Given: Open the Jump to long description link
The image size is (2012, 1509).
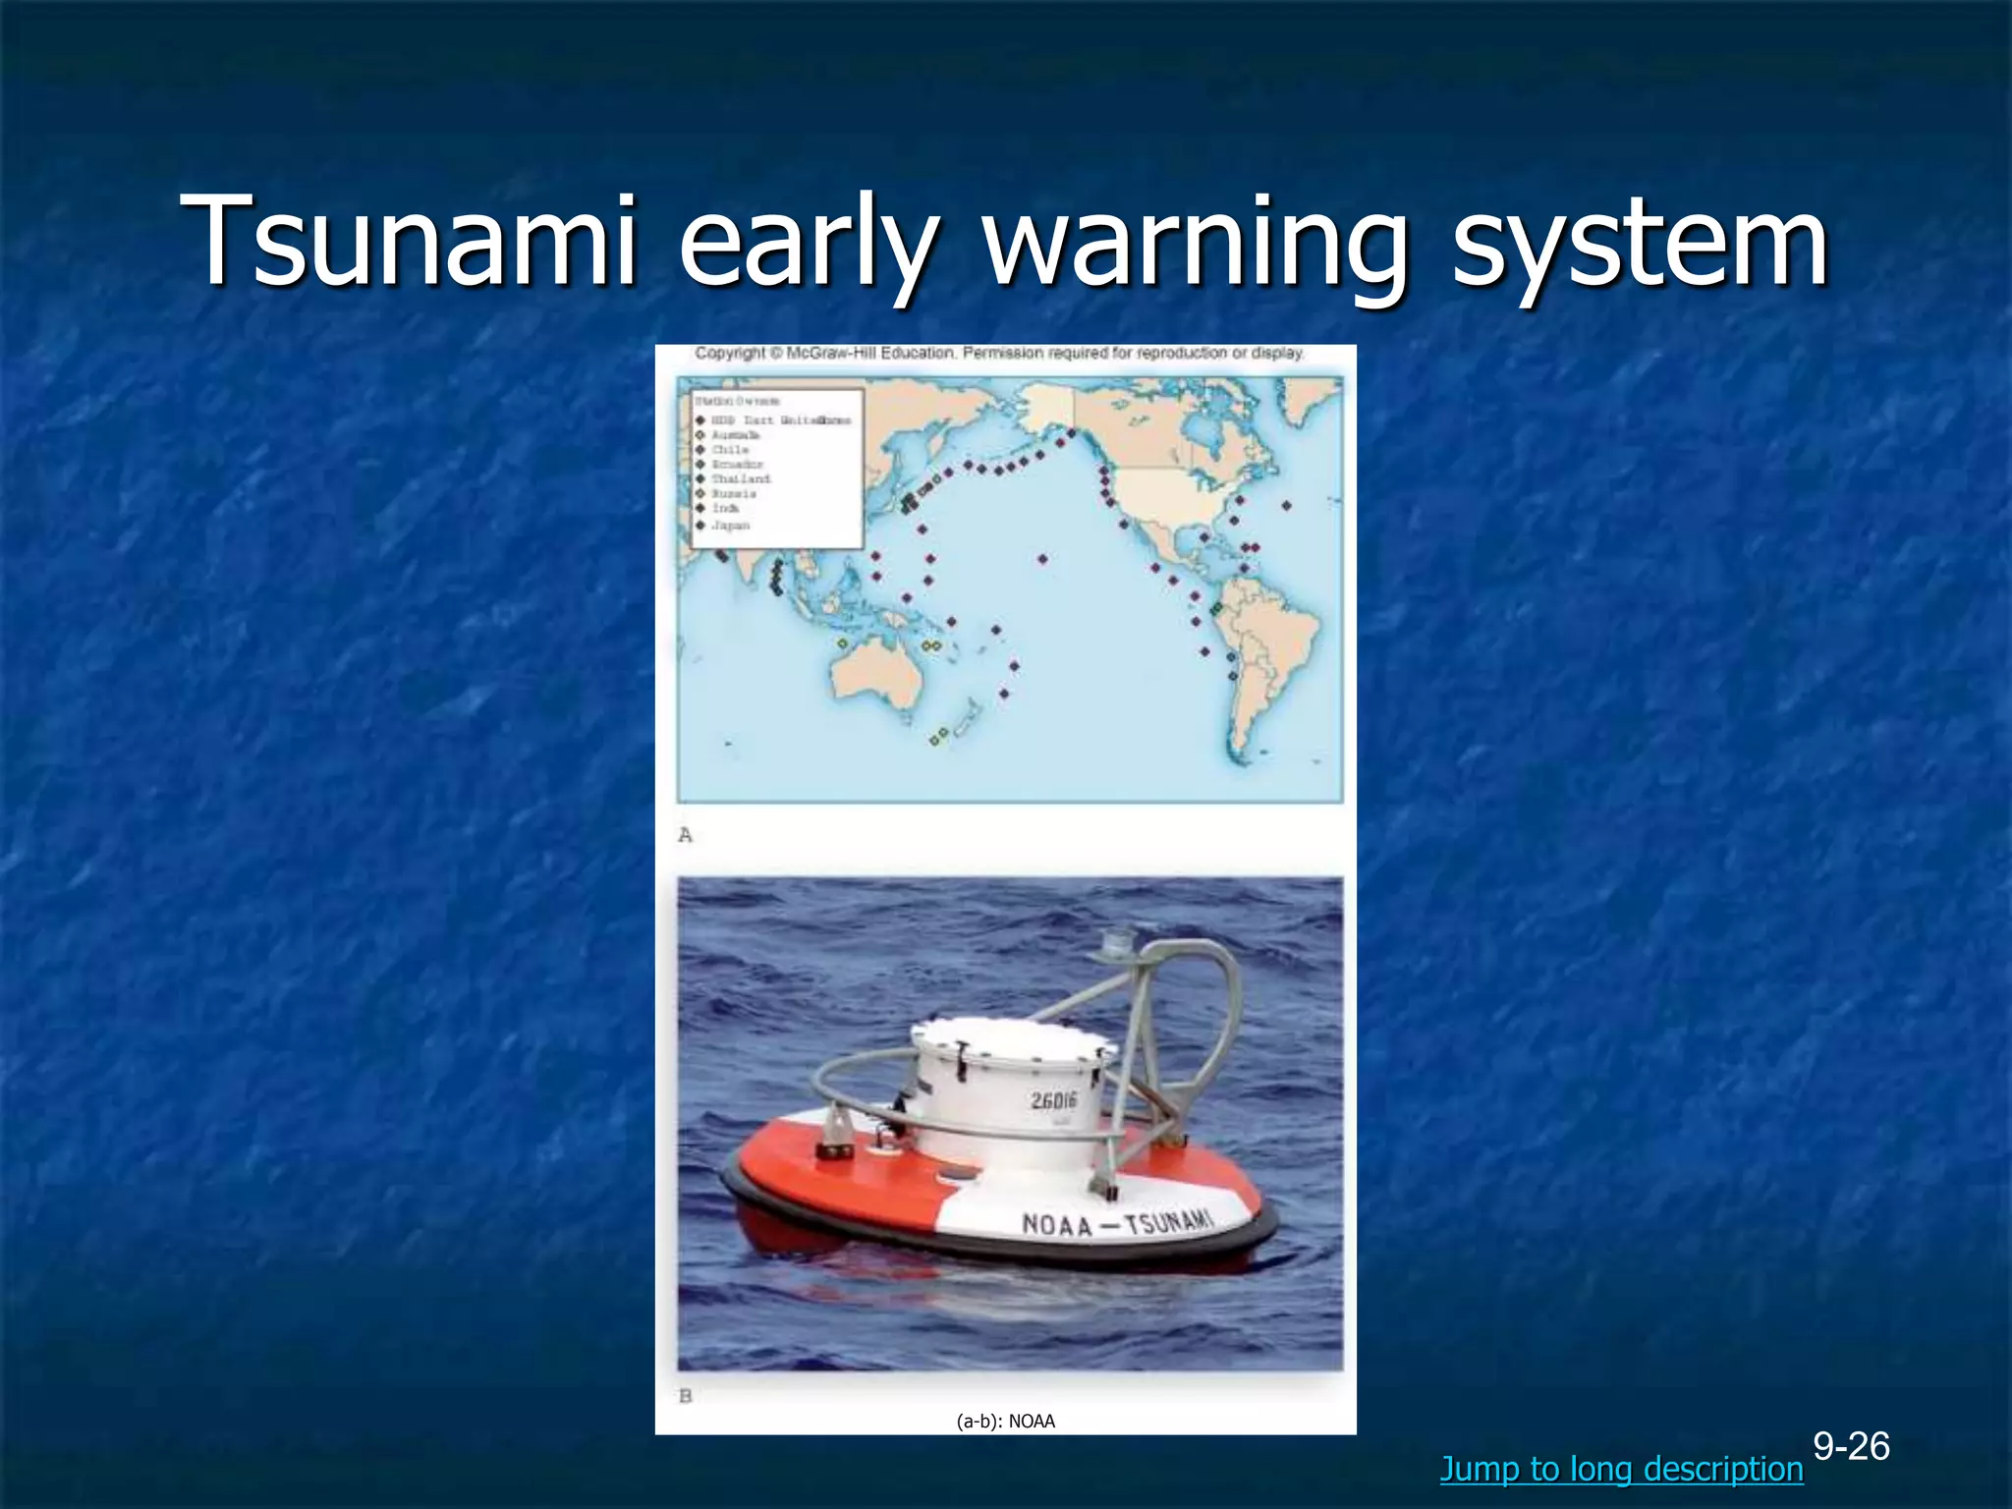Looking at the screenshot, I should click(1621, 1469).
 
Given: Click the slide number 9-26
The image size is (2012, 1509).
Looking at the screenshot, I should click(1851, 1446).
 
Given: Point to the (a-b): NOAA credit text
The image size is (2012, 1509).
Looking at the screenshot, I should click(1005, 1421).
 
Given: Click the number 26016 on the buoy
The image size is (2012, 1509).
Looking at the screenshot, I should click(1053, 1099).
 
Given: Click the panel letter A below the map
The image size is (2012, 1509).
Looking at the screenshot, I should click(686, 835).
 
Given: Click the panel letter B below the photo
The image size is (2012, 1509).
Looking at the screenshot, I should click(686, 1395).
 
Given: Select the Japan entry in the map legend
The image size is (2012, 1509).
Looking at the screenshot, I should click(731, 526).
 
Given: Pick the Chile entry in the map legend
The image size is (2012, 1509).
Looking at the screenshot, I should click(730, 449).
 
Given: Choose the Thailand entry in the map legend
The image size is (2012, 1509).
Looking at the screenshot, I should click(741, 478).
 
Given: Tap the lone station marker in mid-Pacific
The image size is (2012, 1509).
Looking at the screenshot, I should click(1042, 559).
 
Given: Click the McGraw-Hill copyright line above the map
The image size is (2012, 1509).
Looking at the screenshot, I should click(999, 353).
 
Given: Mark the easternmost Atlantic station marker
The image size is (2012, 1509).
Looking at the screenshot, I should click(1287, 506).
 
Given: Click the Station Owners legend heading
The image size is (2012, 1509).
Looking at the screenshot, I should click(737, 401).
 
